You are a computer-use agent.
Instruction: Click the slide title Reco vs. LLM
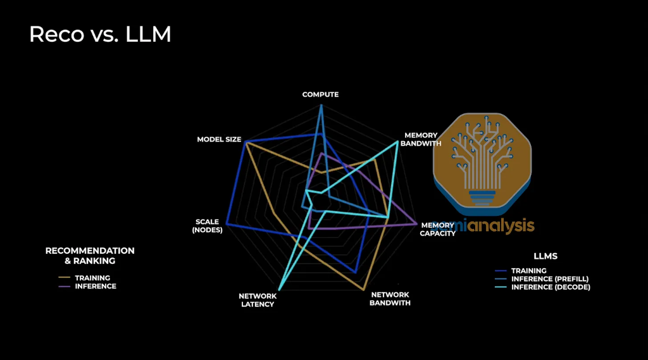tap(100, 34)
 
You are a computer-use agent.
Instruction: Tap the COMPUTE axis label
tap(320, 94)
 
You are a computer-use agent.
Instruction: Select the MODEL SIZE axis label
tap(219, 139)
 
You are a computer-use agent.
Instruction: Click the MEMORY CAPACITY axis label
tap(438, 229)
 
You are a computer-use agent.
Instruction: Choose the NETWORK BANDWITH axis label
tap(390, 299)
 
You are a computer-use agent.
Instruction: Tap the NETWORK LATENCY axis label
tap(257, 300)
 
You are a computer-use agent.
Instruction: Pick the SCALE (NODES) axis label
tap(208, 226)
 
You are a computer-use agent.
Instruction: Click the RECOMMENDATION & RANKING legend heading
tap(90, 256)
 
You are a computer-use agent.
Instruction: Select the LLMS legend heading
tap(545, 256)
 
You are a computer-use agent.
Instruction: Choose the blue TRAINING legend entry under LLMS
tap(528, 271)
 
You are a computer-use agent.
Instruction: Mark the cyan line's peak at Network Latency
tap(279, 289)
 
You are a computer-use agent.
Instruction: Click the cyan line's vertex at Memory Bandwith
tap(397, 142)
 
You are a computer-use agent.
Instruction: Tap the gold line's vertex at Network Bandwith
tap(364, 290)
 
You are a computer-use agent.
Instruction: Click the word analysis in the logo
tap(501, 226)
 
